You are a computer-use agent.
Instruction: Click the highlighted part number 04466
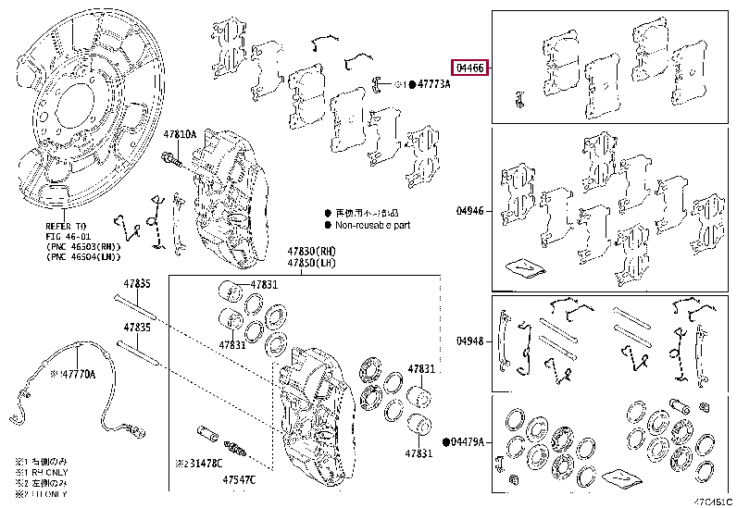pyautogui.click(x=468, y=68)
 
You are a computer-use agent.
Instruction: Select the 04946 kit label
pyautogui.click(x=469, y=211)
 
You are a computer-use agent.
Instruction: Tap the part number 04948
pyautogui.click(x=469, y=341)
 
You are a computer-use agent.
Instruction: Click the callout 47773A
pyautogui.click(x=431, y=84)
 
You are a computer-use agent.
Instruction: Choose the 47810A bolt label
pyautogui.click(x=181, y=134)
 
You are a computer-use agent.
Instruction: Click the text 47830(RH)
pyautogui.click(x=312, y=251)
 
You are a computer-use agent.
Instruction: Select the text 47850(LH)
pyautogui.click(x=312, y=263)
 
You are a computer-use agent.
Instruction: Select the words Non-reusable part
pyautogui.click(x=372, y=225)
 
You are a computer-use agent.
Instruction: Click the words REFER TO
pyautogui.click(x=65, y=226)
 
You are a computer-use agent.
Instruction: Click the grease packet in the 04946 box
pyautogui.click(x=524, y=268)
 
